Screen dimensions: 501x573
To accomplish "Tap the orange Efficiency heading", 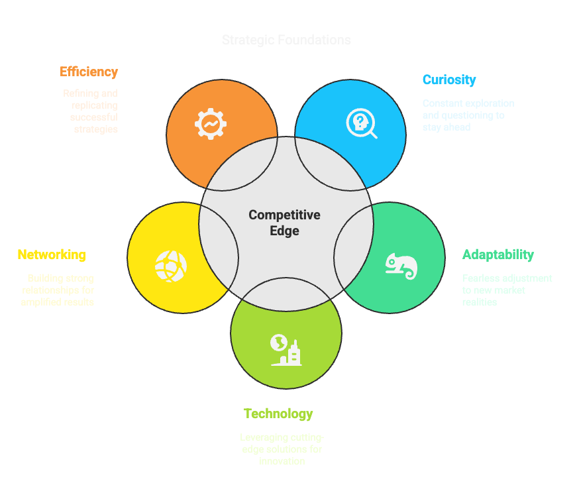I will [x=89, y=72].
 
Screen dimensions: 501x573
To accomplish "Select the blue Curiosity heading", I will [x=449, y=80].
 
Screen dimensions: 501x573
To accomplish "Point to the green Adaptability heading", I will [x=498, y=255].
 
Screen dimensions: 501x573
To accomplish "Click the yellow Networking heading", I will [x=52, y=255].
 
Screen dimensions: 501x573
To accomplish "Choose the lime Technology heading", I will [x=278, y=414].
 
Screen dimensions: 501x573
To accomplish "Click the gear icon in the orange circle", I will [x=211, y=123].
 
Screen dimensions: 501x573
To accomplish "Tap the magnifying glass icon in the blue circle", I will [x=362, y=124].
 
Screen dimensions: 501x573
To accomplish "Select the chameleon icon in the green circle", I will [x=401, y=265].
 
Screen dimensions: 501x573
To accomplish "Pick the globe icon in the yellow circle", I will [x=171, y=266].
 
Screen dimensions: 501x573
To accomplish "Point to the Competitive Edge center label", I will [x=285, y=223].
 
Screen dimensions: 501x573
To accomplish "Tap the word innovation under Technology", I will [x=282, y=461].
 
